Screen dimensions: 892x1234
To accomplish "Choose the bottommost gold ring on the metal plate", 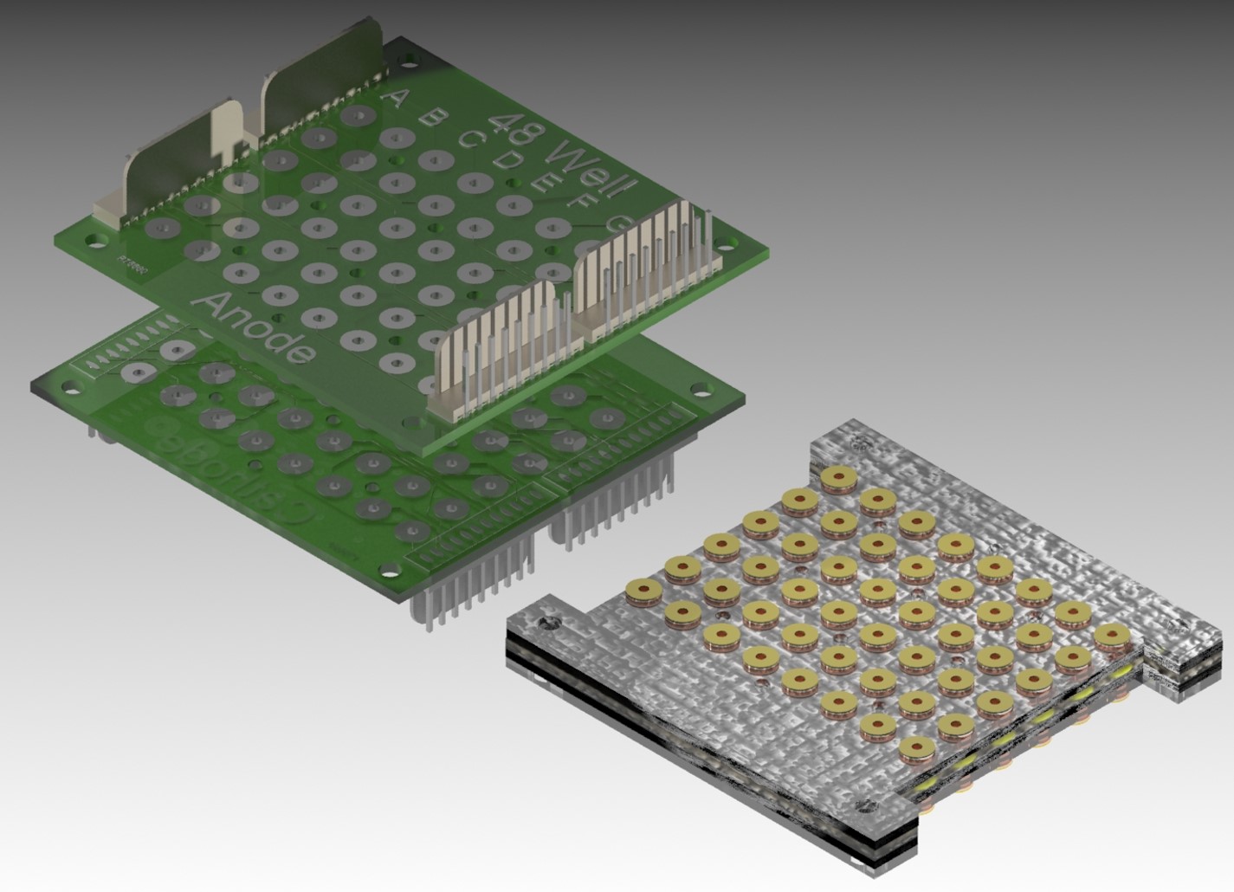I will tap(917, 747).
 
